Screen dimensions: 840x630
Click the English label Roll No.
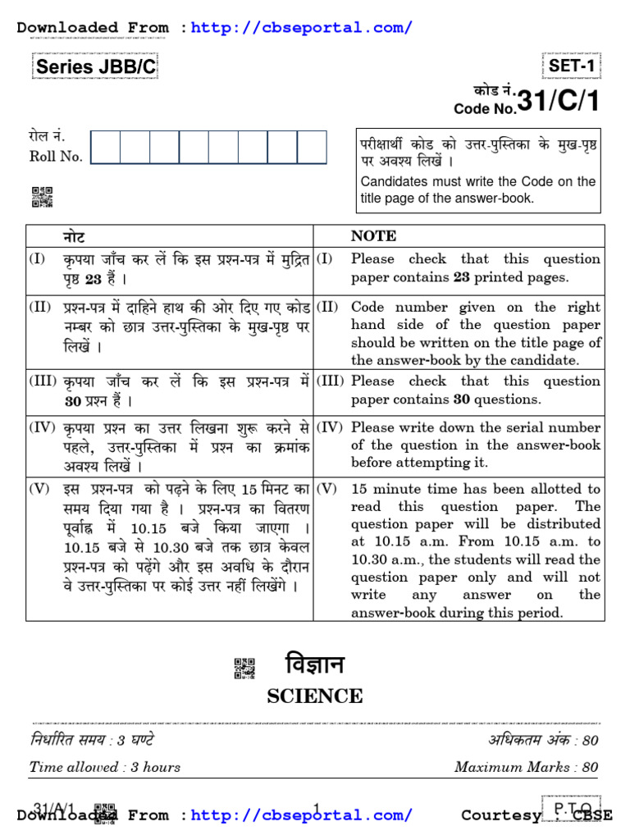click(56, 157)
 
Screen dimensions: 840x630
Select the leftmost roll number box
click(106, 148)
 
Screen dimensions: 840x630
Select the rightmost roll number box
click(312, 148)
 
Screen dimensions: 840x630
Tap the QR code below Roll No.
click(42, 197)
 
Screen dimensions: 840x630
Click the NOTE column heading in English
click(373, 236)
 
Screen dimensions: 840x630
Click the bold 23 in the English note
click(462, 277)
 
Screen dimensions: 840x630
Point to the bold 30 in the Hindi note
click(73, 401)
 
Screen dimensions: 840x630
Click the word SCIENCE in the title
click(315, 696)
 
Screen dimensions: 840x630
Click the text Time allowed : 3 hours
click(105, 767)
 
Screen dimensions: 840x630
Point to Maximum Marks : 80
click(526, 767)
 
